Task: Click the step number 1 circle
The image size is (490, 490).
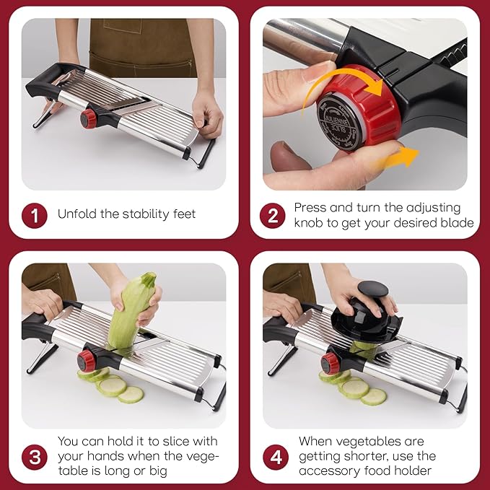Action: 35,216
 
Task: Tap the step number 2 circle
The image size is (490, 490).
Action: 273,216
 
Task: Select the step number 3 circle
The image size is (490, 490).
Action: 35,458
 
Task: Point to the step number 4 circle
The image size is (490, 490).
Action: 276,458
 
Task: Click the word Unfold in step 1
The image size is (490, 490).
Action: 77,214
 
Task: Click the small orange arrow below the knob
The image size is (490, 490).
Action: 399,158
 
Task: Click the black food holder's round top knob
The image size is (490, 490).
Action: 373,289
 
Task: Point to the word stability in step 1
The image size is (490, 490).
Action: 146,214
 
